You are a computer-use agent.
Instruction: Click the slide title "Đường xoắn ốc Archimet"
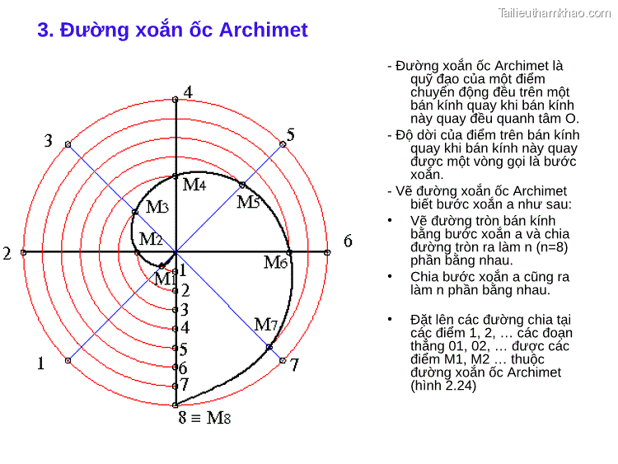tap(172, 30)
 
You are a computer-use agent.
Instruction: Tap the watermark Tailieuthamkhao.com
tap(555, 12)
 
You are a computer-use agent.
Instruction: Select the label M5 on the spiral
tap(248, 202)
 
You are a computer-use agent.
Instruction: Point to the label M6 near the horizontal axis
tap(275, 263)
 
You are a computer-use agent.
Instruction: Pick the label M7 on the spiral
tap(265, 325)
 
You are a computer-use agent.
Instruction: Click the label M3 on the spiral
tap(157, 207)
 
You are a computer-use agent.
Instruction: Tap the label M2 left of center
tap(151, 239)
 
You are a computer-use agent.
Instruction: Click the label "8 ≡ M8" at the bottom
tap(204, 418)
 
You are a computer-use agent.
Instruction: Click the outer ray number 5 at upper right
tap(290, 134)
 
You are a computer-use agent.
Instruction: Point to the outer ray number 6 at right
tap(348, 241)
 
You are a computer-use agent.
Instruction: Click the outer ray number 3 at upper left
tap(48, 141)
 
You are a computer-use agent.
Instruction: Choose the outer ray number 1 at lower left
tap(40, 363)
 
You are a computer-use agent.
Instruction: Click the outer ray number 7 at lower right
tap(294, 364)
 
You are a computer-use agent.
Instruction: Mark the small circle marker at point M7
tap(269, 347)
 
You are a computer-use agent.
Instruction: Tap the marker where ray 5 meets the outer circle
tap(283, 144)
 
